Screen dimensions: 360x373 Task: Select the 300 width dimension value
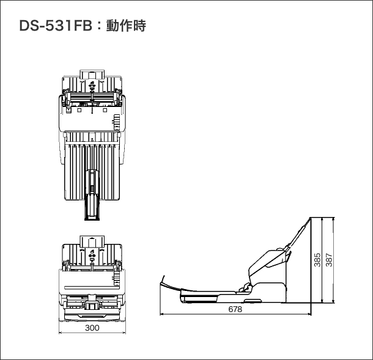point(92,328)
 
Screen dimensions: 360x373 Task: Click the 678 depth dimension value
point(235,310)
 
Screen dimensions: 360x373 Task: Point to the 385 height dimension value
point(317,260)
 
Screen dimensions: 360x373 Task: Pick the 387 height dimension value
point(329,260)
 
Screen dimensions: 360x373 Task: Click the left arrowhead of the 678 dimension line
point(161,315)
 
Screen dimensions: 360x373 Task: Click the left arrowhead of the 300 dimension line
point(61,333)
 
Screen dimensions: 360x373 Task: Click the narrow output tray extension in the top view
point(91,205)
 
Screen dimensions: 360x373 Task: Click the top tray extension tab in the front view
point(92,238)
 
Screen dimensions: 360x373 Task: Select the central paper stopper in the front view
point(92,303)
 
